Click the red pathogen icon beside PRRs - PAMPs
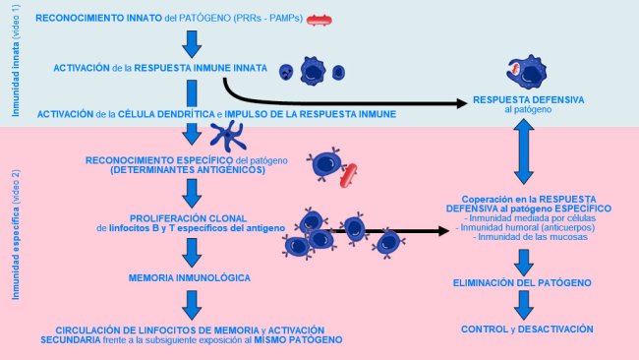pos(320,19)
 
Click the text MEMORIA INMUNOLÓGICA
pos(189,278)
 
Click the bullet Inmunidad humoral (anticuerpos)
pos(528,228)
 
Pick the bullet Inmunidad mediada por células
pos(528,218)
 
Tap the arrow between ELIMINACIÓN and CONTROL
pos(524,305)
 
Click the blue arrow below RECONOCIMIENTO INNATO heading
pos(193,43)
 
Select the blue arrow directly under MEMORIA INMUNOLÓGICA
pos(193,302)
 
